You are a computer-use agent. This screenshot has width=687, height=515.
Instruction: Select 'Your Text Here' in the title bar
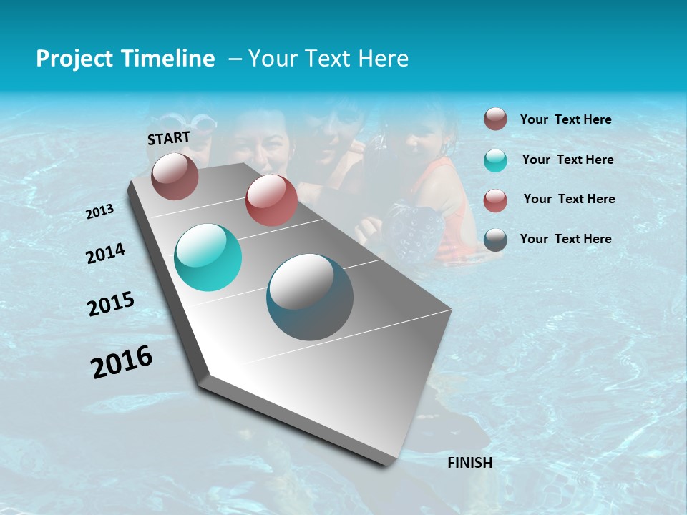328,59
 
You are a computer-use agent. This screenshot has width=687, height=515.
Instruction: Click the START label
169,138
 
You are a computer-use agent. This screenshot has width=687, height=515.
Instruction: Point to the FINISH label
470,463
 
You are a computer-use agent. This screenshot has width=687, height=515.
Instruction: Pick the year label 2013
100,212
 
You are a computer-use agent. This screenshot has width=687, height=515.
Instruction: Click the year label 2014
105,253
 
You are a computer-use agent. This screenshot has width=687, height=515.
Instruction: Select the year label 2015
111,304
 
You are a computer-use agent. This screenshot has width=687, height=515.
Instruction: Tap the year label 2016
122,362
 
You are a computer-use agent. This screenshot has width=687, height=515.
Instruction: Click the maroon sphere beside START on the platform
175,176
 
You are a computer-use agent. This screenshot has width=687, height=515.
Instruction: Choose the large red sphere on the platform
271,200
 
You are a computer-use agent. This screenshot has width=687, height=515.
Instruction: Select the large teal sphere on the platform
208,257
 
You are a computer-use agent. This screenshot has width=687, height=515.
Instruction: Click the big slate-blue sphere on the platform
310,297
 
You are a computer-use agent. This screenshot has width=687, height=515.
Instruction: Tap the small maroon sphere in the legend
495,119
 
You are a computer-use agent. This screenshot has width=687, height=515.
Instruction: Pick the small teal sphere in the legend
495,160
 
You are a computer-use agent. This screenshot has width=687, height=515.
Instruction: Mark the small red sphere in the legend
495,200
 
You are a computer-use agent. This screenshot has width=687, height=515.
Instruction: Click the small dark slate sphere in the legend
495,240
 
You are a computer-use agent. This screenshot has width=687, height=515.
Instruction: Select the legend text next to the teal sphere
568,160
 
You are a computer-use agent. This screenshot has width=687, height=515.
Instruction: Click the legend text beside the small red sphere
570,199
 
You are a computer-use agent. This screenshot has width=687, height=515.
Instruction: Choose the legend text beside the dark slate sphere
566,239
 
